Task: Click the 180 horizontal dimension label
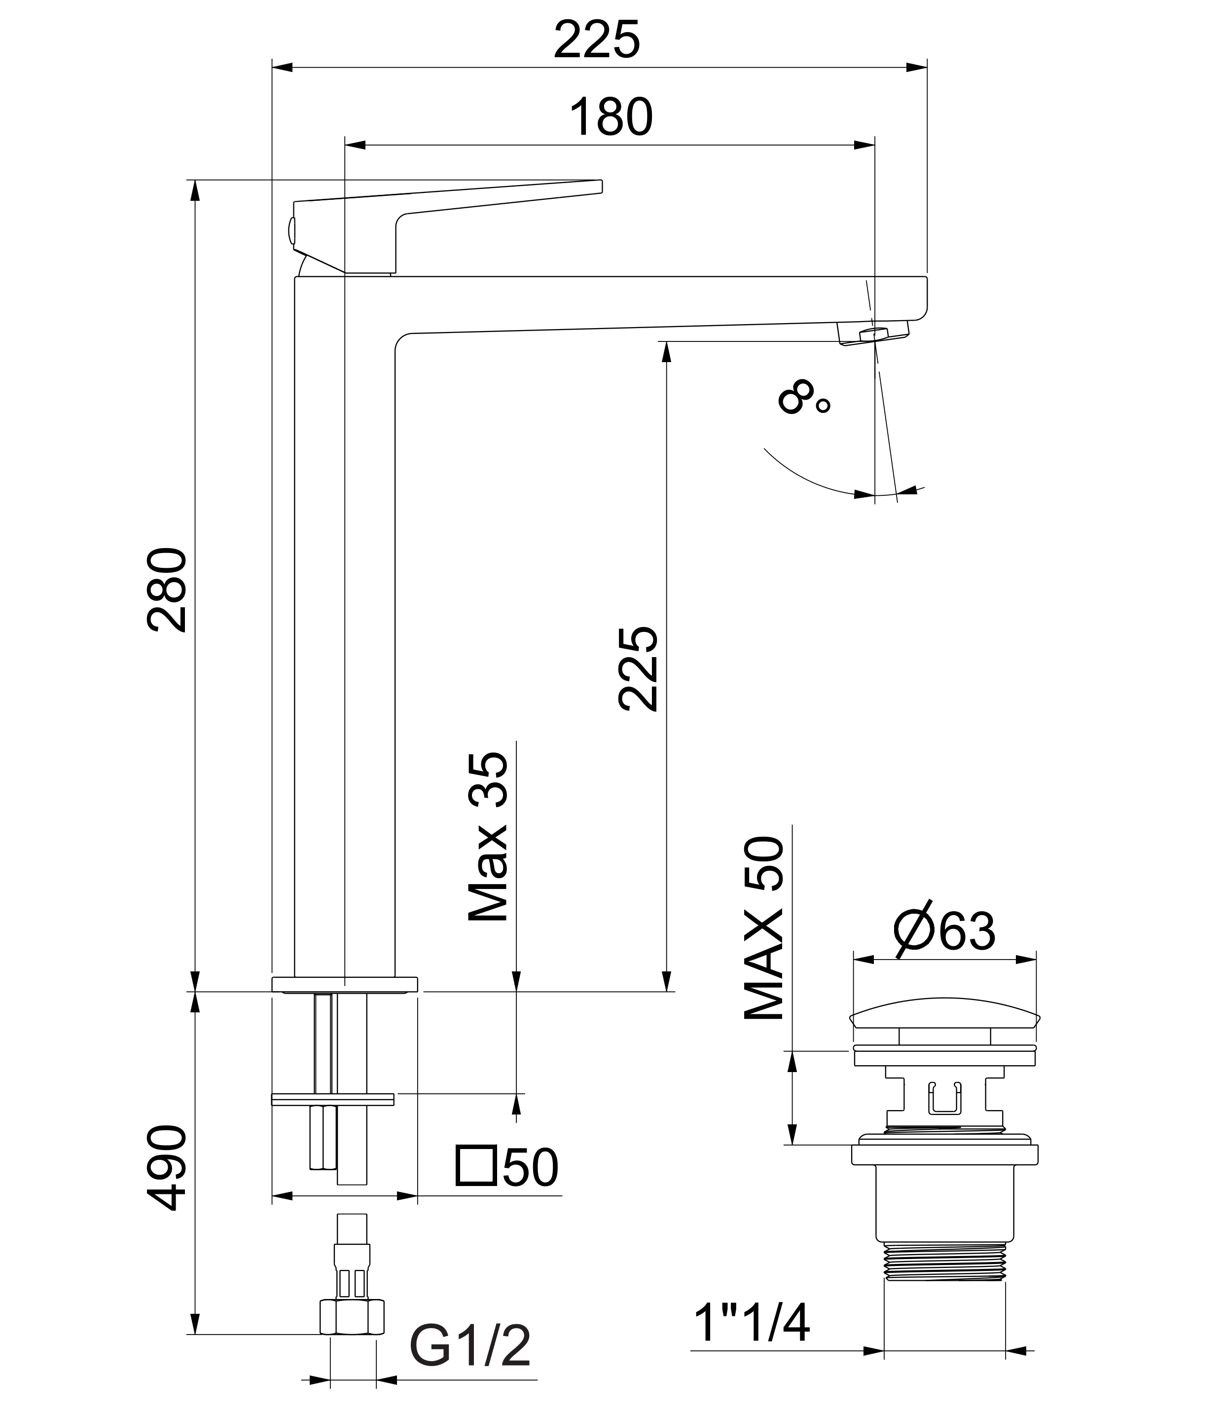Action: pyautogui.click(x=611, y=117)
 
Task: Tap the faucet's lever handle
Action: pyautogui.click(x=446, y=225)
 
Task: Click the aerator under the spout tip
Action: pyautogui.click(x=873, y=334)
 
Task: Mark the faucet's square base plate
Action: pyautogui.click(x=345, y=984)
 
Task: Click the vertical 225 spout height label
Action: pyautogui.click(x=638, y=668)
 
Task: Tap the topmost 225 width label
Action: pyautogui.click(x=597, y=39)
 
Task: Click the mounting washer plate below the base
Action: pyautogui.click(x=333, y=1099)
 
